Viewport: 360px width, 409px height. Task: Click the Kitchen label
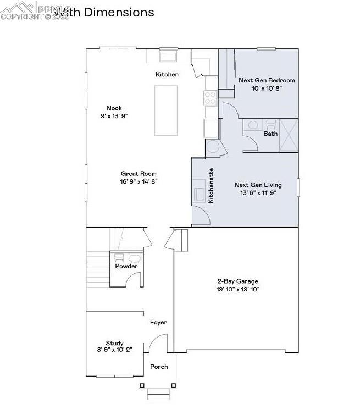(x=167, y=74)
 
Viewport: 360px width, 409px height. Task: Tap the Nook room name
(x=114, y=108)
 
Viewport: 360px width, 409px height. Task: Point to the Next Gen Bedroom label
(x=267, y=80)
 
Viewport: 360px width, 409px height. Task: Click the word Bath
(x=270, y=134)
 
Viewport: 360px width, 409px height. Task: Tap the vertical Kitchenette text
(x=211, y=186)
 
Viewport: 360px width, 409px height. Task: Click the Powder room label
(x=126, y=266)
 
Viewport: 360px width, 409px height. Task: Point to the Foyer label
(x=158, y=323)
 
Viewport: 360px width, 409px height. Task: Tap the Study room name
(x=115, y=342)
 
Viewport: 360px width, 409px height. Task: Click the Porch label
(x=159, y=367)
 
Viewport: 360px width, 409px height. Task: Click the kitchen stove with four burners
(x=211, y=98)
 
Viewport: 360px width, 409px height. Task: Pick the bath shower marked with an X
(x=289, y=134)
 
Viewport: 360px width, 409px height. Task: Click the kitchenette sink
(x=199, y=195)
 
